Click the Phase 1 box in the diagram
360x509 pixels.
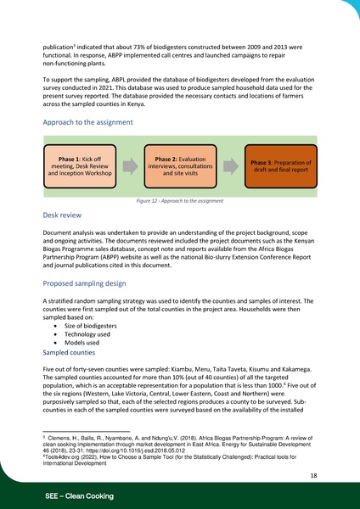pos(82,166)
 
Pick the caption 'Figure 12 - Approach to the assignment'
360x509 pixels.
pos(179,201)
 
